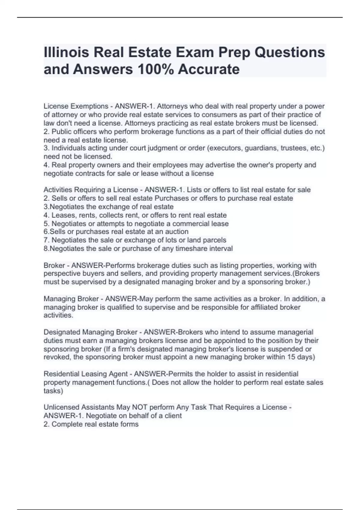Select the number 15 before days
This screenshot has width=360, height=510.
coord(294,357)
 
